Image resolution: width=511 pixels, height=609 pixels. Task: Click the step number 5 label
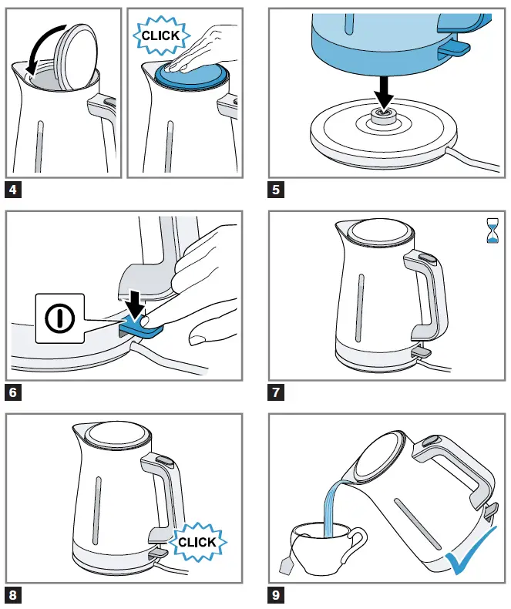[276, 188]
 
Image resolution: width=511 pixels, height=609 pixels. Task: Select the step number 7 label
[276, 392]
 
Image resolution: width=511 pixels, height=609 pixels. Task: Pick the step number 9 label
[276, 595]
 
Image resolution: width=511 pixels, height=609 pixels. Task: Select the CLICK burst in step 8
[197, 542]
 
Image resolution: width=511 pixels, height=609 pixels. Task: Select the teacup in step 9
[322, 546]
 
